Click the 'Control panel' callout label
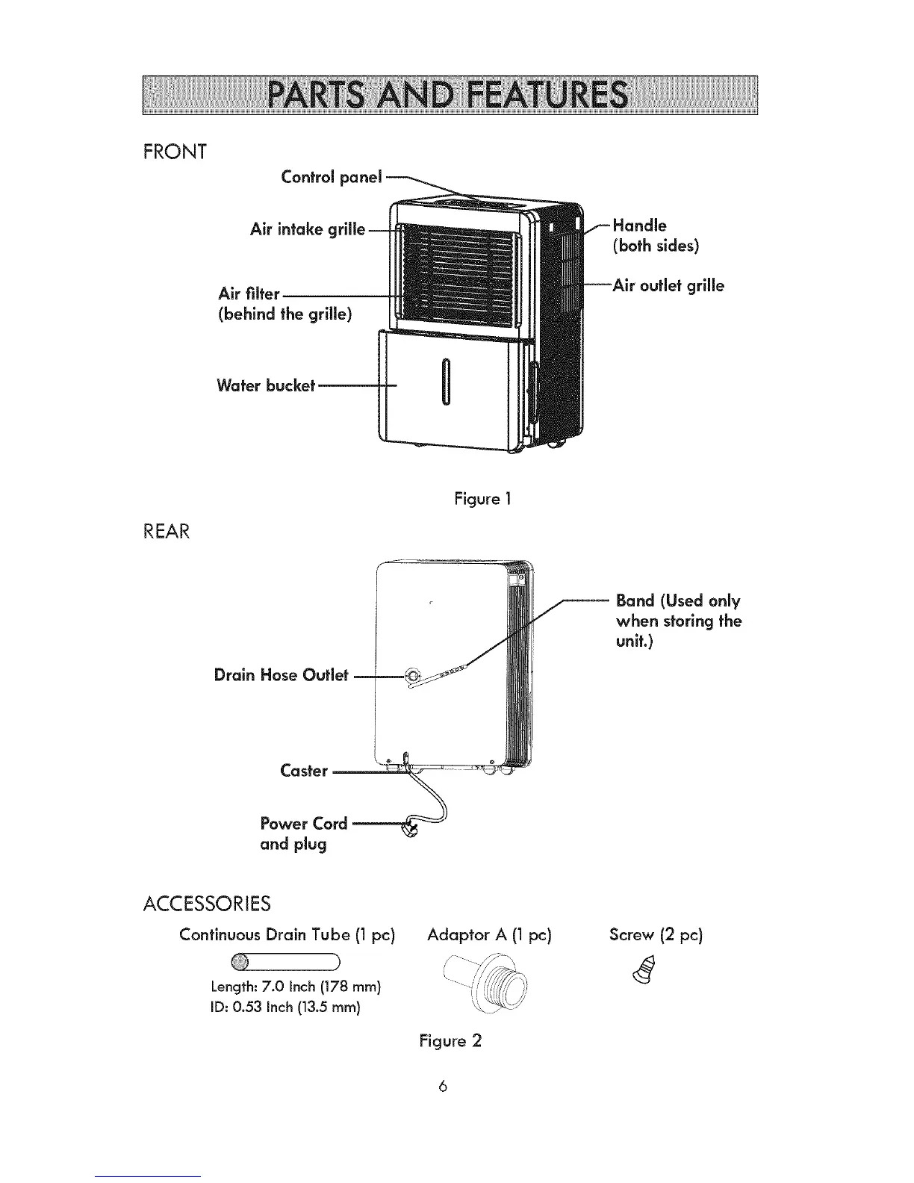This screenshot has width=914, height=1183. pyautogui.click(x=331, y=177)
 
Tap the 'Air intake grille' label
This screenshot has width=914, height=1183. pyautogui.click(x=308, y=229)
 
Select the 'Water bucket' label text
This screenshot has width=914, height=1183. pyautogui.click(x=266, y=385)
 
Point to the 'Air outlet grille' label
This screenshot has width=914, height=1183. pyautogui.click(x=668, y=286)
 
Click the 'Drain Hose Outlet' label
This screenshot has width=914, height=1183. pyautogui.click(x=281, y=675)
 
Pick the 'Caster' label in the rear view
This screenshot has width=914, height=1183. pyautogui.click(x=304, y=771)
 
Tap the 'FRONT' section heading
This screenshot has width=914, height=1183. pyautogui.click(x=174, y=152)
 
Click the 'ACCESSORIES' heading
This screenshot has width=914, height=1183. pyautogui.click(x=206, y=904)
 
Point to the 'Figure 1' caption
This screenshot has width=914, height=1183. pyautogui.click(x=482, y=498)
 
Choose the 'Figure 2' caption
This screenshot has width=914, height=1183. pyautogui.click(x=450, y=1040)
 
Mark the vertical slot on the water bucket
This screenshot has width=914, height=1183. pyautogui.click(x=445, y=382)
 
